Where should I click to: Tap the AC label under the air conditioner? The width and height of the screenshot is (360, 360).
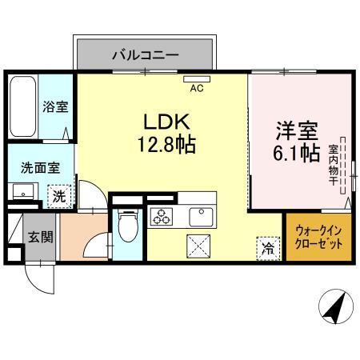pyautogui.click(x=196, y=90)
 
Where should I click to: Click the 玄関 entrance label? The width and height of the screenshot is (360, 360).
pyautogui.click(x=41, y=237)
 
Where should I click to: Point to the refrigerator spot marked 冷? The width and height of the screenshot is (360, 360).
pyautogui.click(x=267, y=248)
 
